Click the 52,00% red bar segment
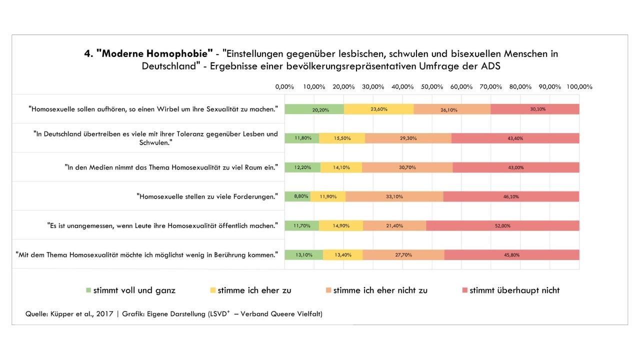(x=502, y=225)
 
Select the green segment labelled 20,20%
(x=314, y=109)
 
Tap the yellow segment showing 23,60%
(x=378, y=109)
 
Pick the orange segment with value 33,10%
(x=394, y=196)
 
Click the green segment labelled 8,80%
(x=297, y=196)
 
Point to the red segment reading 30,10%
(x=535, y=109)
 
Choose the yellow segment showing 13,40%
(x=342, y=254)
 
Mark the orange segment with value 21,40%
(x=394, y=225)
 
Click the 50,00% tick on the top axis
(x=432, y=86)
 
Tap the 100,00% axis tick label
(x=579, y=86)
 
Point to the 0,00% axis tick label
(x=284, y=86)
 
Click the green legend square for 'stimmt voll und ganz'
(x=89, y=290)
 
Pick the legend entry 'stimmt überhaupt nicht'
(x=514, y=290)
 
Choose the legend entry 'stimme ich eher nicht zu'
(x=380, y=290)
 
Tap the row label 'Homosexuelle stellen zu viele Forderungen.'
(x=207, y=196)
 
